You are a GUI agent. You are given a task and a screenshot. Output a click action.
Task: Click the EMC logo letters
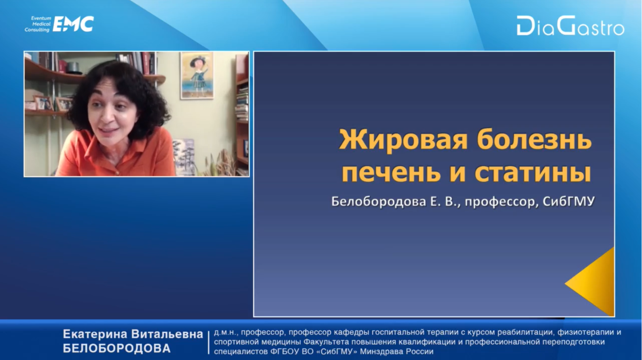click(73, 24)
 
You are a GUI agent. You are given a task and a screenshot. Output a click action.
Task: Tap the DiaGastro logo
click(570, 26)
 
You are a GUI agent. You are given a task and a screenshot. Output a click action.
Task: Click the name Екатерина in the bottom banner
click(95, 334)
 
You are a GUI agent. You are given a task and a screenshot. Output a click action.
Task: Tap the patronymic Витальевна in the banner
click(167, 334)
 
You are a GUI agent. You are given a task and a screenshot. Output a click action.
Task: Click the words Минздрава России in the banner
click(397, 352)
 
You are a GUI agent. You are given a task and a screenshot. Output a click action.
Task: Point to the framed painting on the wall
click(197, 75)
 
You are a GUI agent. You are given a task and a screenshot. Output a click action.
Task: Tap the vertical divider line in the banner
click(208, 343)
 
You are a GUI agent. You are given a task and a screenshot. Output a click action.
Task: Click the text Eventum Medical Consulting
click(38, 24)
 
